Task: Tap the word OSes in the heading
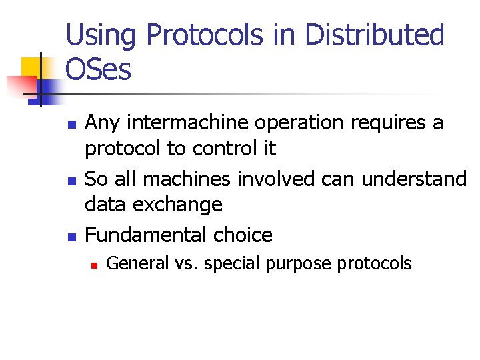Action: click(x=99, y=69)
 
